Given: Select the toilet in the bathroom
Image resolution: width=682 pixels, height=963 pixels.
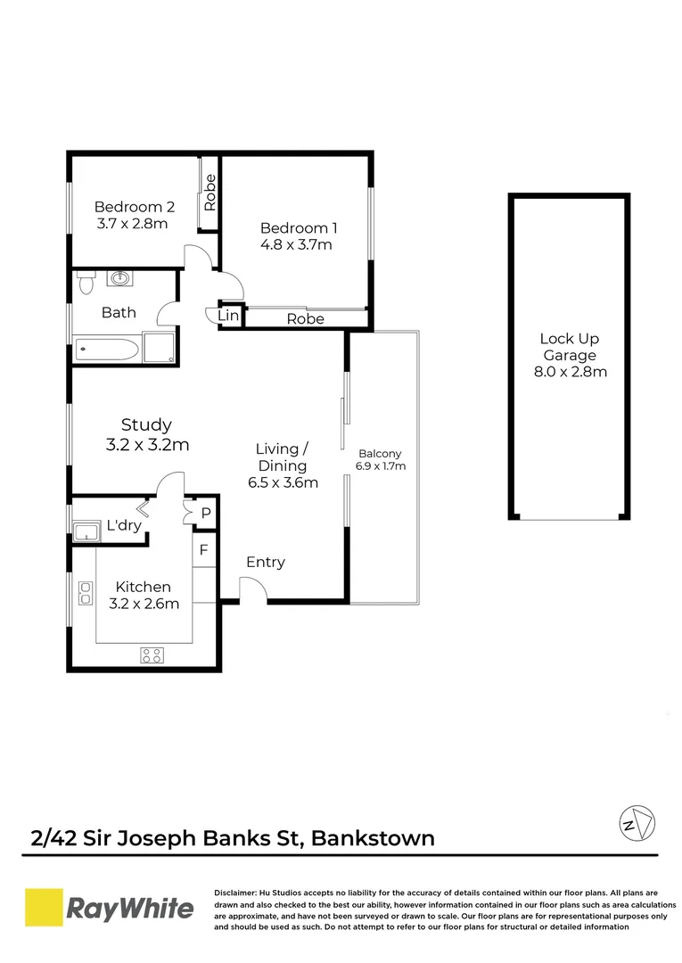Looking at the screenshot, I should click(x=86, y=282).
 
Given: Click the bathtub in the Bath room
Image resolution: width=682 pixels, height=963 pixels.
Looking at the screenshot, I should click(x=106, y=348).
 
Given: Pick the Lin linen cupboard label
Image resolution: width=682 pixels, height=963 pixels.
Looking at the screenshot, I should click(x=229, y=316).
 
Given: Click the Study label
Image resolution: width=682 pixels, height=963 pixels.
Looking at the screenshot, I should click(x=146, y=425).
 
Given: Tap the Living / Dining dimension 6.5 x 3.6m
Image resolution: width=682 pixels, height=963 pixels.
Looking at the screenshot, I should click(x=282, y=482).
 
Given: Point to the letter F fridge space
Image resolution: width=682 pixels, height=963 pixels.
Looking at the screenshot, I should click(x=203, y=550).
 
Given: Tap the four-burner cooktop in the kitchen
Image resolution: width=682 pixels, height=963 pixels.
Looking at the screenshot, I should click(x=152, y=655).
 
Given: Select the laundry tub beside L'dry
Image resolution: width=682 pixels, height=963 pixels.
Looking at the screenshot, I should click(x=86, y=533).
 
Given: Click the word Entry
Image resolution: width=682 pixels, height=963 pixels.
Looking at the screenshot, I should click(x=266, y=562).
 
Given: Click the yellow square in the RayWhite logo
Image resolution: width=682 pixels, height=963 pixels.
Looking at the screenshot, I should click(x=43, y=909).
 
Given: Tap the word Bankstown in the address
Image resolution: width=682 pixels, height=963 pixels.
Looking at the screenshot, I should click(x=374, y=838).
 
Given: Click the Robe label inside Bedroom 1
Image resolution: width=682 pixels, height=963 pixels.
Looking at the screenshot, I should click(x=305, y=318).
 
